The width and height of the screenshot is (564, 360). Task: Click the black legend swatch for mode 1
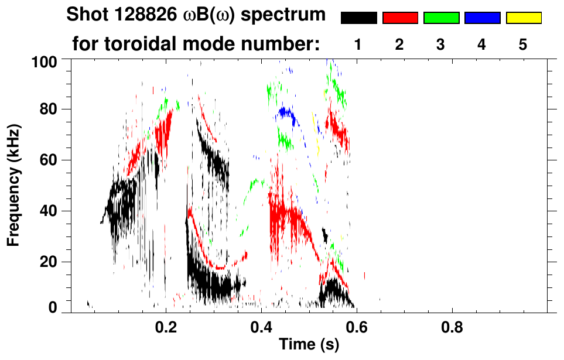(358, 18)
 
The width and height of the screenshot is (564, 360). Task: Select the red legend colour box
(400, 18)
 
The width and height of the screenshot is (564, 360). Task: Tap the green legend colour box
(441, 18)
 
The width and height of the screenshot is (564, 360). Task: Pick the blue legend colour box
(482, 18)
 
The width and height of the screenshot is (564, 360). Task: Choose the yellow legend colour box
(523, 18)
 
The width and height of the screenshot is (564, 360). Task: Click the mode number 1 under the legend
(358, 44)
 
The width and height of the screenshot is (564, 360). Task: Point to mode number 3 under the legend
(441, 44)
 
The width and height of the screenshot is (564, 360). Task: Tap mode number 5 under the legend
(523, 44)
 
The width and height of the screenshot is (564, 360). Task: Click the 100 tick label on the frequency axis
(45, 61)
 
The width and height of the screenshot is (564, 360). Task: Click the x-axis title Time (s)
(309, 345)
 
